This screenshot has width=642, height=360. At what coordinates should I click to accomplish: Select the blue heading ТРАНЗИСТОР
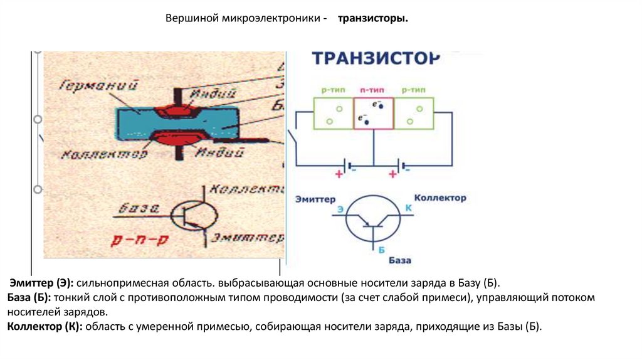pyautogui.click(x=376, y=58)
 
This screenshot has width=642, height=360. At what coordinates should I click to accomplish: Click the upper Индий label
pyautogui.click(x=215, y=93)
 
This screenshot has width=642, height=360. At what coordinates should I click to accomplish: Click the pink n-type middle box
pyautogui.click(x=373, y=113)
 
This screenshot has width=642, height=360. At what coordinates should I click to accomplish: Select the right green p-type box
pyautogui.click(x=414, y=113)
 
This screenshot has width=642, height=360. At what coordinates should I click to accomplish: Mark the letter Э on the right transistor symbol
pyautogui.click(x=340, y=208)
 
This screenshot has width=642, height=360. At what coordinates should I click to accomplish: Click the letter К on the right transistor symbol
pyautogui.click(x=408, y=207)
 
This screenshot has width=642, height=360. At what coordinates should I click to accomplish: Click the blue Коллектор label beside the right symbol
pyautogui.click(x=441, y=198)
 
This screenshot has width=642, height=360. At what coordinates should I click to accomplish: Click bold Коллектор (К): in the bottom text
pyautogui.click(x=45, y=326)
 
